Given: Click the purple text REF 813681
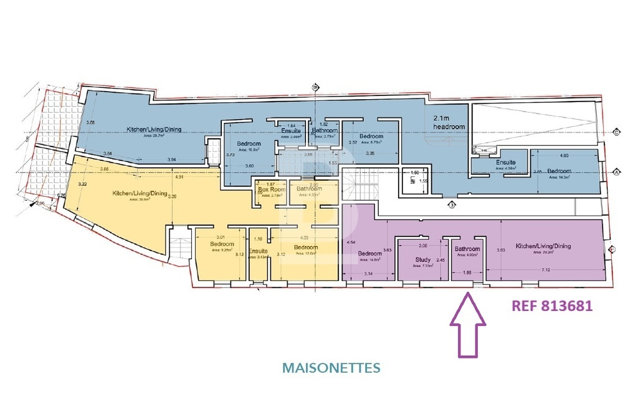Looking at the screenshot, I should [x=551, y=306].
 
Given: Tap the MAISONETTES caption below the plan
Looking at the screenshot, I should [x=331, y=368].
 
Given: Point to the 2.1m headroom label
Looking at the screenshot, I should [x=449, y=122].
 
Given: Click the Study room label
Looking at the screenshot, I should [x=423, y=259].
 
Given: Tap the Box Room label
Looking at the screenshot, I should [x=271, y=189].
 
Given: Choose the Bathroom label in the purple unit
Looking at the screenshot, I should [x=467, y=249].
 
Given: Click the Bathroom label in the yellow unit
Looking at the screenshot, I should [x=309, y=189].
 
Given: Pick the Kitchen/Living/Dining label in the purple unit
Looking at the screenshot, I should [x=543, y=246].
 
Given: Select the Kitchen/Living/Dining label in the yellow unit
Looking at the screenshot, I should [x=140, y=194].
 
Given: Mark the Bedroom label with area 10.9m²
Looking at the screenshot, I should [x=249, y=144].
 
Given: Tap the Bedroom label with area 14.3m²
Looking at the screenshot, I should [x=559, y=171].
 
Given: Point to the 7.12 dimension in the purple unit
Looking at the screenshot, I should [x=545, y=270].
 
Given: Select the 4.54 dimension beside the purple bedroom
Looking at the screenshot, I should [x=351, y=242].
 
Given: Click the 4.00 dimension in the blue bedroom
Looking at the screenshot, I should [x=564, y=155].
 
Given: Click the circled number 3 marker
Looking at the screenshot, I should [x=450, y=204].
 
